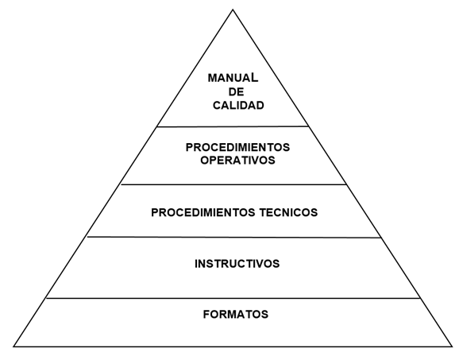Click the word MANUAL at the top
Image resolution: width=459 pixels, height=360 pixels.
(233, 78)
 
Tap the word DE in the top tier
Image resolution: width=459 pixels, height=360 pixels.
(236, 92)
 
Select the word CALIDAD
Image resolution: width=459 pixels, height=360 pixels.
(238, 106)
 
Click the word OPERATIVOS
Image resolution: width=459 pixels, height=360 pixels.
(237, 161)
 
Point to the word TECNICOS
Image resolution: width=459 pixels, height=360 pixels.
(288, 212)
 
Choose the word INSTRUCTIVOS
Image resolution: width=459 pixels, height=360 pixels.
(237, 264)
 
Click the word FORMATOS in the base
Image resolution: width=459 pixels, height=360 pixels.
(236, 314)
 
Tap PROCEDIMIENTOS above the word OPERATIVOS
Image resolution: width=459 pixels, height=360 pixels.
(237, 147)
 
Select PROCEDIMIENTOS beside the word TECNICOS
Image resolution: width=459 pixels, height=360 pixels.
(203, 212)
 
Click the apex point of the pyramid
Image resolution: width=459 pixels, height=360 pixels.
(233, 10)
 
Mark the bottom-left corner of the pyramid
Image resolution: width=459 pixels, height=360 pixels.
(13, 346)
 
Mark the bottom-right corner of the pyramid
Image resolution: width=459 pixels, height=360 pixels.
(452, 346)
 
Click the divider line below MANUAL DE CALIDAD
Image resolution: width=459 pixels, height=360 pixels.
(233, 126)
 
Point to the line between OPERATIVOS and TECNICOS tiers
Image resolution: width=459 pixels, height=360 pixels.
(233, 184)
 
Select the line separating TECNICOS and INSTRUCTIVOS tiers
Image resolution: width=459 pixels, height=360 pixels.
(234, 238)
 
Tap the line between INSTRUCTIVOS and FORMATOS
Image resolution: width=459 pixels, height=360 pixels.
(233, 299)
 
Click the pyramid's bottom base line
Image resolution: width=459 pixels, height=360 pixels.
(233, 346)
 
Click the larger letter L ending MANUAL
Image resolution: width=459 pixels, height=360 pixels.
(255, 77)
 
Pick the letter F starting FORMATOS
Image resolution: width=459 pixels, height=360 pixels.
(206, 314)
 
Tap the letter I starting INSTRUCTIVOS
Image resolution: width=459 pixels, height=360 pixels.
(196, 264)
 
